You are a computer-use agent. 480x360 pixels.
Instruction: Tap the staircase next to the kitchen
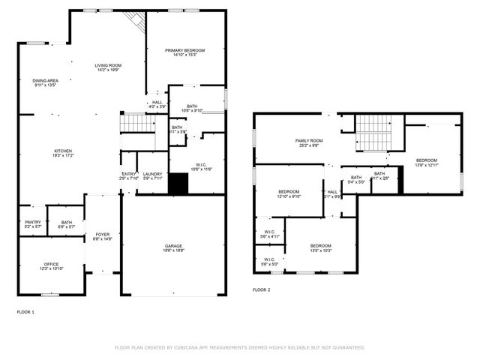[x=137, y=123]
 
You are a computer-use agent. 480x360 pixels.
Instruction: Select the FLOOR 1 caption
[x=25, y=311]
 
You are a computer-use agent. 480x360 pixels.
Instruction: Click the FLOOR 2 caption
[x=261, y=289]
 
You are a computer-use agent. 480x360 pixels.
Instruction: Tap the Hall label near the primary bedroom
[x=157, y=104]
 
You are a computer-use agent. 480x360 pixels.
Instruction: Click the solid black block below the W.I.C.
[x=178, y=184]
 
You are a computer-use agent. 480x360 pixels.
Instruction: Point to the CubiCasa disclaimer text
[x=240, y=347]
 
